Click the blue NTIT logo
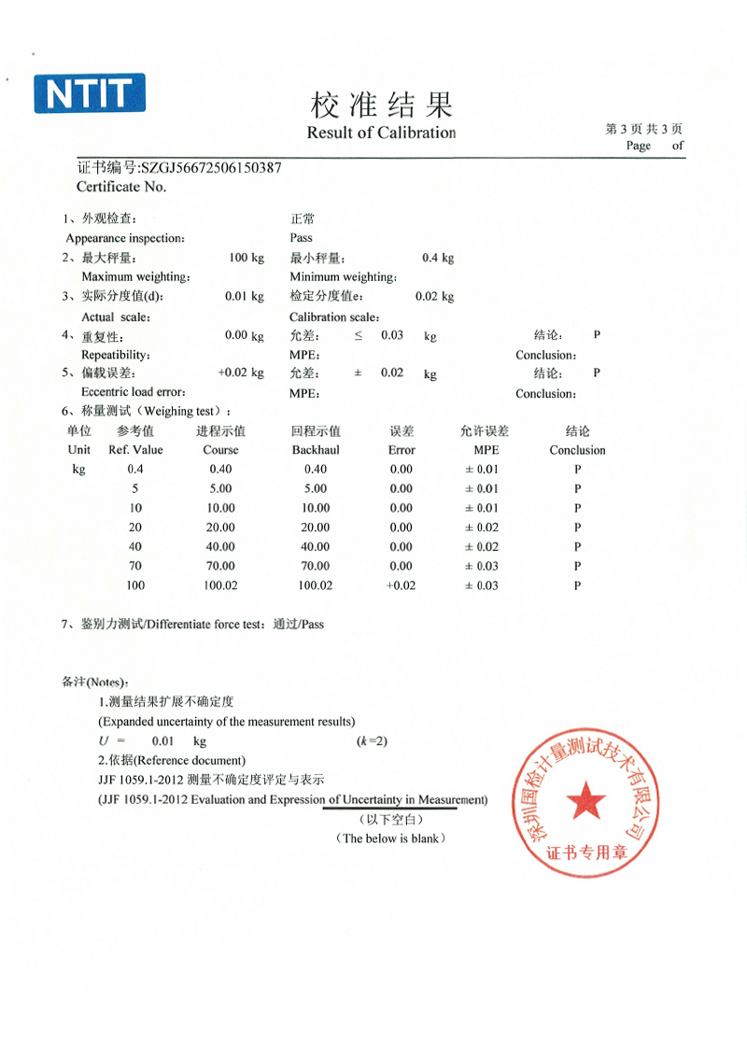click(x=90, y=94)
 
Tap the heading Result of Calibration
click(x=381, y=133)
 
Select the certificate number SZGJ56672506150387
click(x=209, y=168)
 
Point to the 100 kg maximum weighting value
click(x=247, y=258)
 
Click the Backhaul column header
click(x=316, y=450)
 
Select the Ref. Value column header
click(x=135, y=450)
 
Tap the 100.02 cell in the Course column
click(x=220, y=585)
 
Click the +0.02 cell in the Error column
click(x=401, y=585)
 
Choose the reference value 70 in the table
click(x=135, y=566)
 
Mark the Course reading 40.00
click(x=220, y=547)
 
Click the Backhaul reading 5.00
click(x=316, y=488)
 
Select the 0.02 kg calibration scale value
click(x=434, y=297)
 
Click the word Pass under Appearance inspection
click(x=301, y=238)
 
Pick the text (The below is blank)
click(x=390, y=838)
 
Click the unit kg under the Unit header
click(x=79, y=470)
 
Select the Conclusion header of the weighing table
click(x=577, y=450)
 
